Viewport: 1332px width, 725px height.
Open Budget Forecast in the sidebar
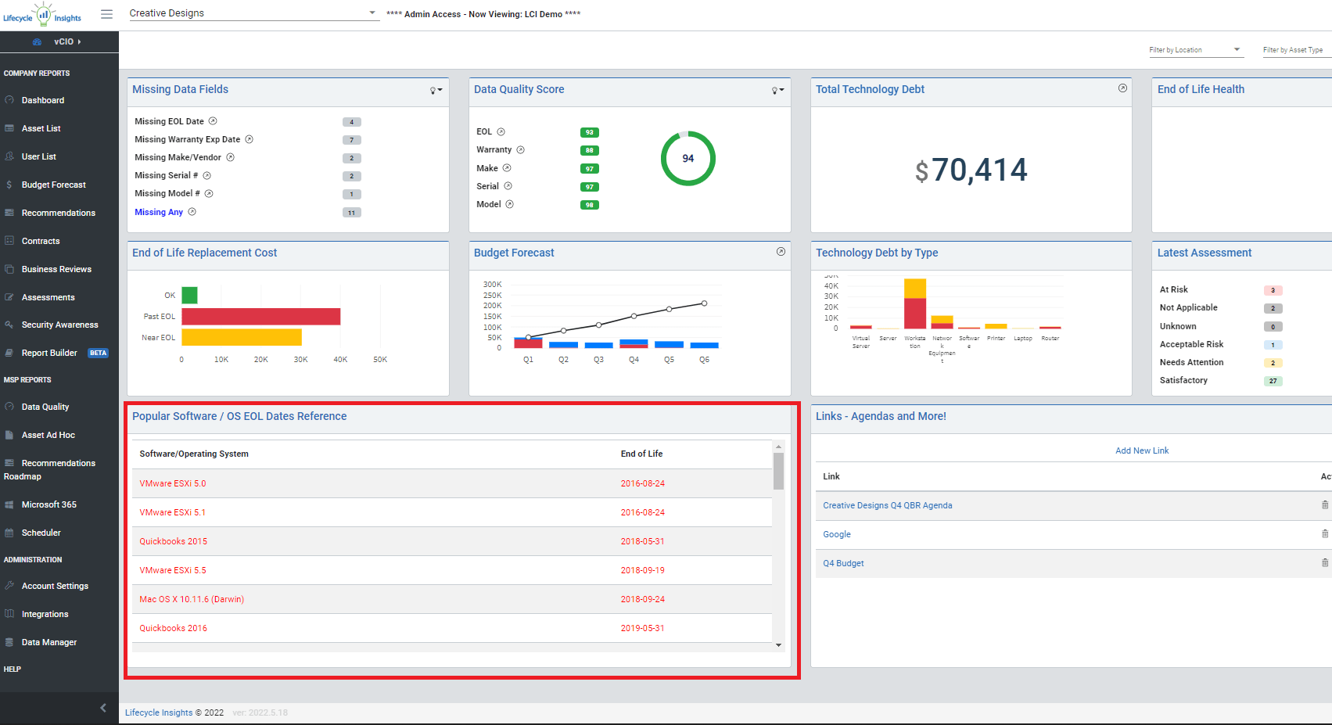[53, 185]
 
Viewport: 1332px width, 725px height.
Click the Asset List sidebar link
[41, 128]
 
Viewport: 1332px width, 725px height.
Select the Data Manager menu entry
[48, 642]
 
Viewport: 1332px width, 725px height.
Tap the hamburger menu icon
[107, 14]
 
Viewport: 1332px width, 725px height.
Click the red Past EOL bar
[260, 316]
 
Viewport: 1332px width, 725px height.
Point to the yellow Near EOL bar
[241, 337]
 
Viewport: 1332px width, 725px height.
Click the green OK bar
[189, 295]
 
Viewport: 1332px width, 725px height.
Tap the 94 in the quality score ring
[688, 158]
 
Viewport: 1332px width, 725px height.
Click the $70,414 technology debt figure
[971, 170]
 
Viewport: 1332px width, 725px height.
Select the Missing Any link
[159, 212]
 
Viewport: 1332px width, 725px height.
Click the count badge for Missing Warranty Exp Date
[351, 140]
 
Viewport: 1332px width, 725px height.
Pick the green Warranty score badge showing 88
[589, 150]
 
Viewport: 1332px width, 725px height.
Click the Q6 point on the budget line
[704, 303]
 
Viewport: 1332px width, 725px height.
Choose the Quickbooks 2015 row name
[174, 541]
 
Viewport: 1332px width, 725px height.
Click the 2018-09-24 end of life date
[643, 599]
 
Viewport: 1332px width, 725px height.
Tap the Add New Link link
[1142, 450]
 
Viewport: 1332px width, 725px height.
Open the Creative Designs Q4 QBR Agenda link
[888, 505]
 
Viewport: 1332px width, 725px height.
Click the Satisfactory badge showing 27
[1273, 381]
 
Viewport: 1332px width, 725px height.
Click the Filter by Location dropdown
[1194, 50]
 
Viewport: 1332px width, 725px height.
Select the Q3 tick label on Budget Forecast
[598, 360]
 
